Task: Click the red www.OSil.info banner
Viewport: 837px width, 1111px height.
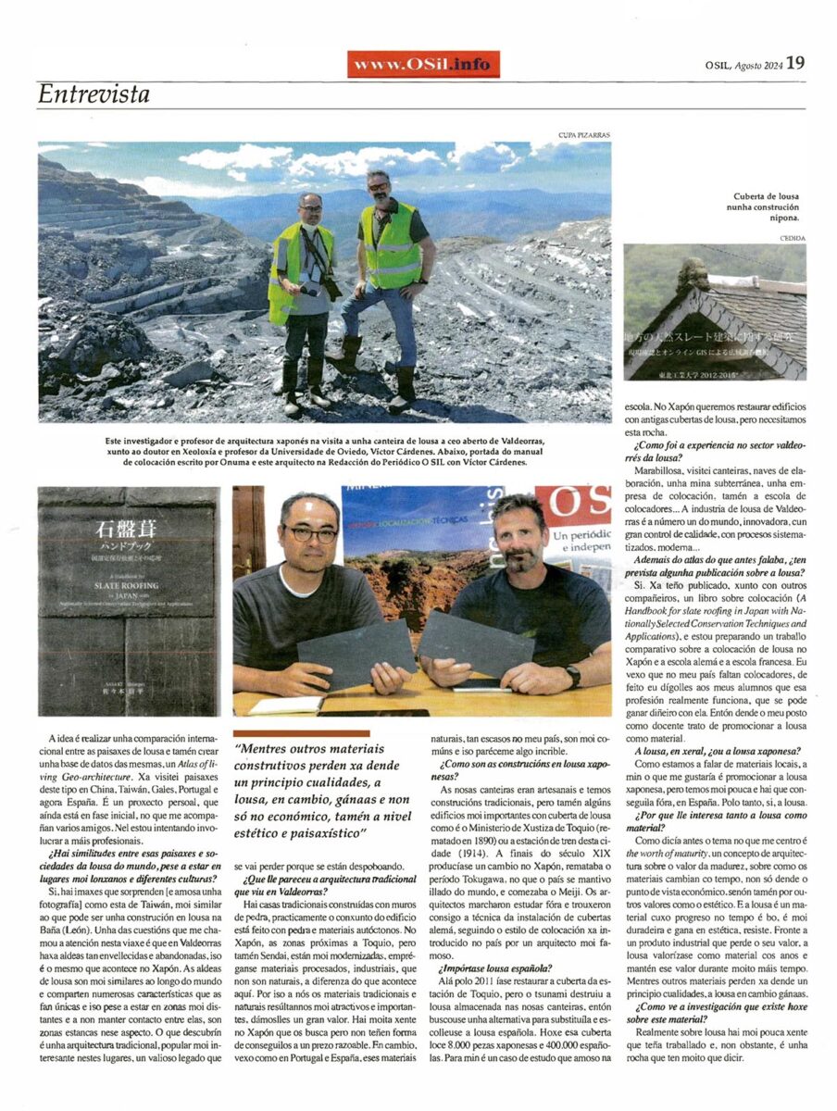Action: tap(423, 63)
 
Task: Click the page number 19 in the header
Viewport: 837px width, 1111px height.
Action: tap(796, 62)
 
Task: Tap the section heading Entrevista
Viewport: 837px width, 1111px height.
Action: tap(94, 94)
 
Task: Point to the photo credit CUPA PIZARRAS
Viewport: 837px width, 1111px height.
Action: tap(584, 135)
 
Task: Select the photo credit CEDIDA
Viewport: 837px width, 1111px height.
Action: tap(793, 239)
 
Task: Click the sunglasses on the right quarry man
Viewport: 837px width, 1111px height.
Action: tap(379, 187)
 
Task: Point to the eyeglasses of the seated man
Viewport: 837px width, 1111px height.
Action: tap(310, 534)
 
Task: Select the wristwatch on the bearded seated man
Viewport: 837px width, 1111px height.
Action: tap(575, 676)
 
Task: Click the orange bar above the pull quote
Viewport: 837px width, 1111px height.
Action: tap(302, 733)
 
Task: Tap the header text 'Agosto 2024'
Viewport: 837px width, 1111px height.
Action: tap(760, 64)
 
